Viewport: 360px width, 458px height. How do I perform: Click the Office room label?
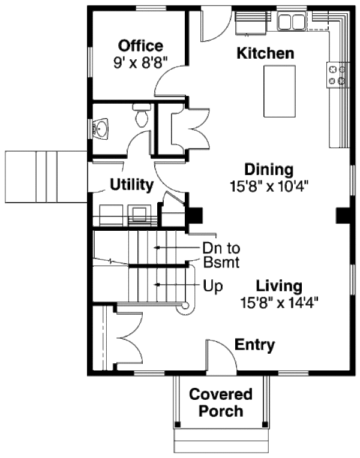(x=140, y=46)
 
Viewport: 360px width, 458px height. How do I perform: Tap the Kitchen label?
(x=266, y=53)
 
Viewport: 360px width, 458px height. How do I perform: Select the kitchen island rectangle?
(x=280, y=91)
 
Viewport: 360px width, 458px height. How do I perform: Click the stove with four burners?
(x=337, y=74)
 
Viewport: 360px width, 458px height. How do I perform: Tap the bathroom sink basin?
(x=100, y=128)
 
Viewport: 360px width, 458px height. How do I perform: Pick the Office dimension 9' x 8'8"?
(x=140, y=61)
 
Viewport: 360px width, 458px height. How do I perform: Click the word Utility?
(x=132, y=185)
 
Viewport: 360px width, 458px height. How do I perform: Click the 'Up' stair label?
(x=213, y=287)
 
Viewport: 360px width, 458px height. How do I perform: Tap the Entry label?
(x=254, y=345)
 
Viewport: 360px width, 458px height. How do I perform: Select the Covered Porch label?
(x=221, y=403)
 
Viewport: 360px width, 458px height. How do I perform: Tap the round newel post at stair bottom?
(x=185, y=308)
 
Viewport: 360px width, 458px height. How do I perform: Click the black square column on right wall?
(x=343, y=215)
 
